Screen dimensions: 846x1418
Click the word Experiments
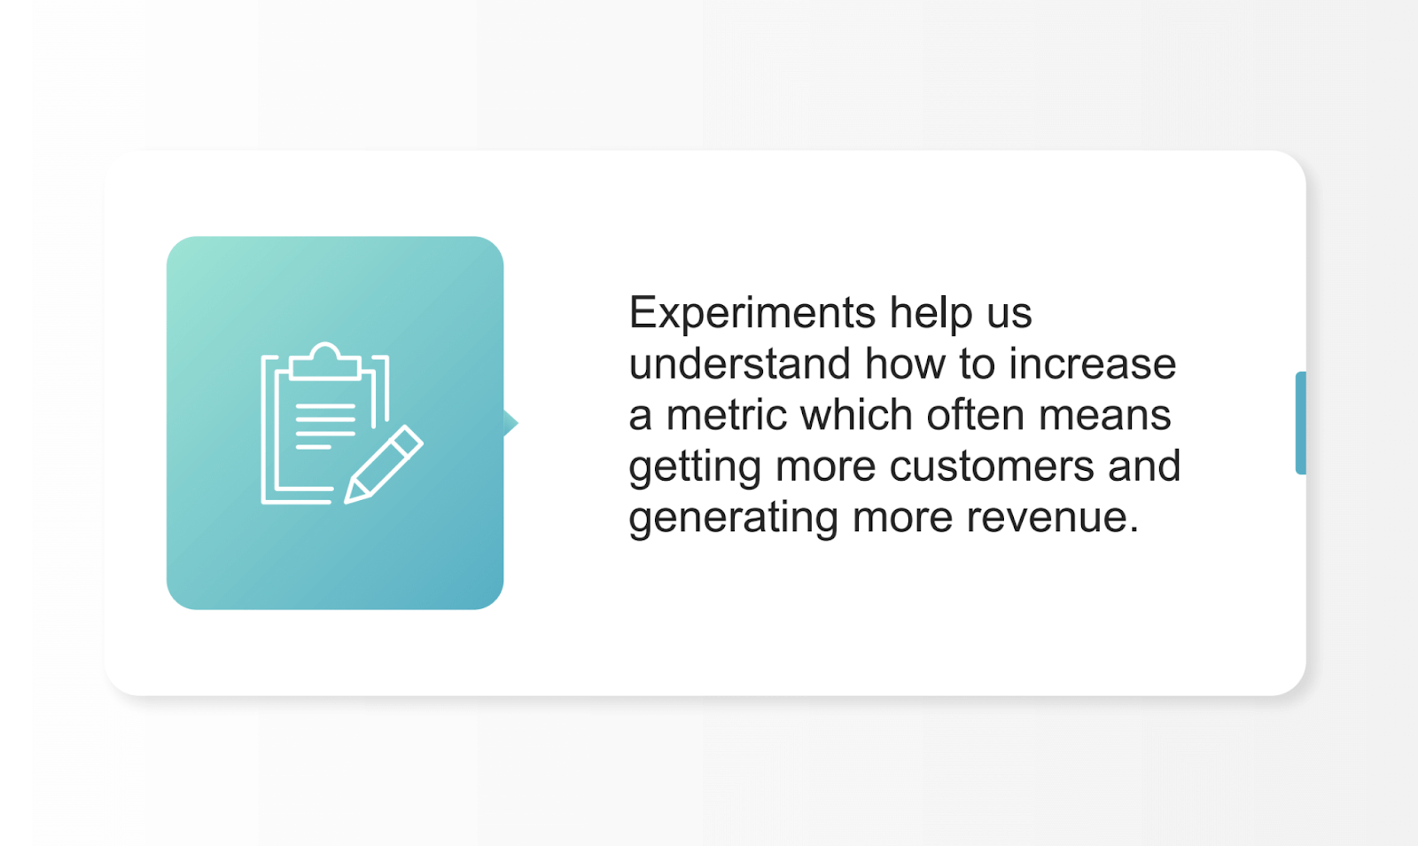(x=752, y=313)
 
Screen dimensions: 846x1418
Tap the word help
(x=931, y=313)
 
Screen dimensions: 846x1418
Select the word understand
(x=739, y=364)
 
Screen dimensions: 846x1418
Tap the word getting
(x=694, y=467)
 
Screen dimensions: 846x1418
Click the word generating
(x=733, y=518)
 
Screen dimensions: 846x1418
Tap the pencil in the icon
(x=384, y=465)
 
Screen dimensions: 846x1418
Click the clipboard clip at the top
(x=325, y=361)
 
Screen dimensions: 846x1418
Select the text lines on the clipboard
(x=324, y=427)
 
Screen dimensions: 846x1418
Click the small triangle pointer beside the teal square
(x=510, y=423)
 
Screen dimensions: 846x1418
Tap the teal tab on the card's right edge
(x=1300, y=423)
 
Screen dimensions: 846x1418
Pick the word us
(x=1009, y=313)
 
